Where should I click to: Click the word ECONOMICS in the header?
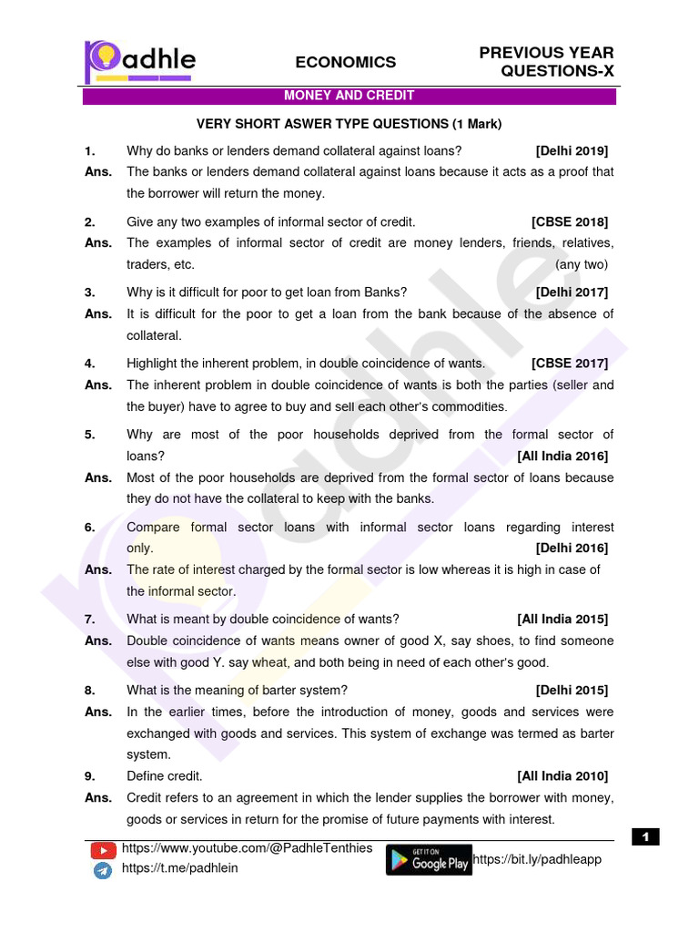pyautogui.click(x=346, y=62)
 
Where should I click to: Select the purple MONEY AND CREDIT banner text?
pyautogui.click(x=349, y=96)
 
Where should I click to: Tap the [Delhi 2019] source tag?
pyautogui.click(x=572, y=150)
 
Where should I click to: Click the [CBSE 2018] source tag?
pyautogui.click(x=570, y=221)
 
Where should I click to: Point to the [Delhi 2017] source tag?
pyautogui.click(x=572, y=292)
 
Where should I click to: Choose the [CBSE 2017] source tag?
pyautogui.click(x=570, y=364)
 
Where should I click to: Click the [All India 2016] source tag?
pyautogui.click(x=562, y=456)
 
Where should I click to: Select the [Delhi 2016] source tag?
pyautogui.click(x=572, y=548)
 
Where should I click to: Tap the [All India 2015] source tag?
pyautogui.click(x=562, y=619)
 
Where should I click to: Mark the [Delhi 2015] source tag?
pyautogui.click(x=572, y=690)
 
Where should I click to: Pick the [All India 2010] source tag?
pyautogui.click(x=562, y=776)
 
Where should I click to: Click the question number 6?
pyautogui.click(x=90, y=528)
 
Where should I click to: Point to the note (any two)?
pyautogui.click(x=582, y=264)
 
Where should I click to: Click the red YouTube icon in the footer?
pyautogui.click(x=104, y=850)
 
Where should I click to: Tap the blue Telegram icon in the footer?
pyautogui.click(x=103, y=870)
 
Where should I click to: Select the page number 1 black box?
pyautogui.click(x=644, y=836)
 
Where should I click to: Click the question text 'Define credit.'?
pyautogui.click(x=165, y=776)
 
